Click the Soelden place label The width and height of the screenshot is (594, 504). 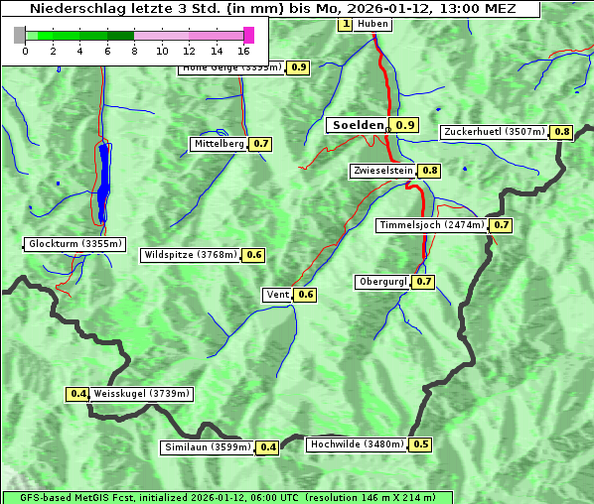coord(357,125)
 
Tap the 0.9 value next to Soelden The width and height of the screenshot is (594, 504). coord(405,125)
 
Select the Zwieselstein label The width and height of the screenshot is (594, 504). coord(382,171)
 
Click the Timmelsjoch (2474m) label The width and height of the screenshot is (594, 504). coord(432,225)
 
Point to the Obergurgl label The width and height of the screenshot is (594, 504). coord(382,282)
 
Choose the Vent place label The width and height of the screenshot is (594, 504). coord(277,295)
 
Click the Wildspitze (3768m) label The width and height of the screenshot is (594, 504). coord(191,255)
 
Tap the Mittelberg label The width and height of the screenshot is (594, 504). coord(219,144)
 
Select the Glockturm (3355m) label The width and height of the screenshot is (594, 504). coord(75,244)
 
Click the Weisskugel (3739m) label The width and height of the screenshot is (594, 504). coord(141,394)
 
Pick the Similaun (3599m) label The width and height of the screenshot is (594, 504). coord(208,447)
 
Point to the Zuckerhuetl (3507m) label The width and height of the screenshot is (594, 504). coord(495,132)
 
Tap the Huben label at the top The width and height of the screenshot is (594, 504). coord(371,24)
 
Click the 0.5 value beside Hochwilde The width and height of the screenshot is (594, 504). coord(421,444)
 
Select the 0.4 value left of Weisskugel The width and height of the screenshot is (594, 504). coord(78,394)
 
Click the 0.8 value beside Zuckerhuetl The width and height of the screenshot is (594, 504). coord(562,132)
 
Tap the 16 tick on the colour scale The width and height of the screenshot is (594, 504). coord(244,51)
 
